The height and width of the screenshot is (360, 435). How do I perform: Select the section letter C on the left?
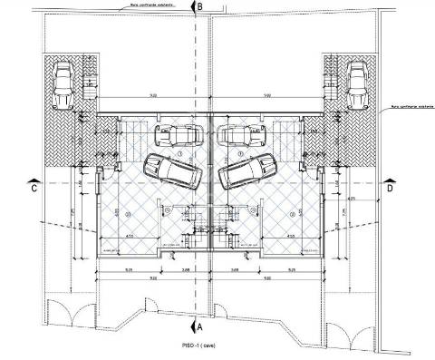33,189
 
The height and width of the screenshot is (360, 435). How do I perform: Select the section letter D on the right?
391,189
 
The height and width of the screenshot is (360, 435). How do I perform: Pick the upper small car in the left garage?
178,136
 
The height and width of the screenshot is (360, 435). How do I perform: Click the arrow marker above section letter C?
33,178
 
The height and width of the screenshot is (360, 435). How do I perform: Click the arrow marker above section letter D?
391,178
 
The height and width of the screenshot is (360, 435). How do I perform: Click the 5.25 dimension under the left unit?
130,269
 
